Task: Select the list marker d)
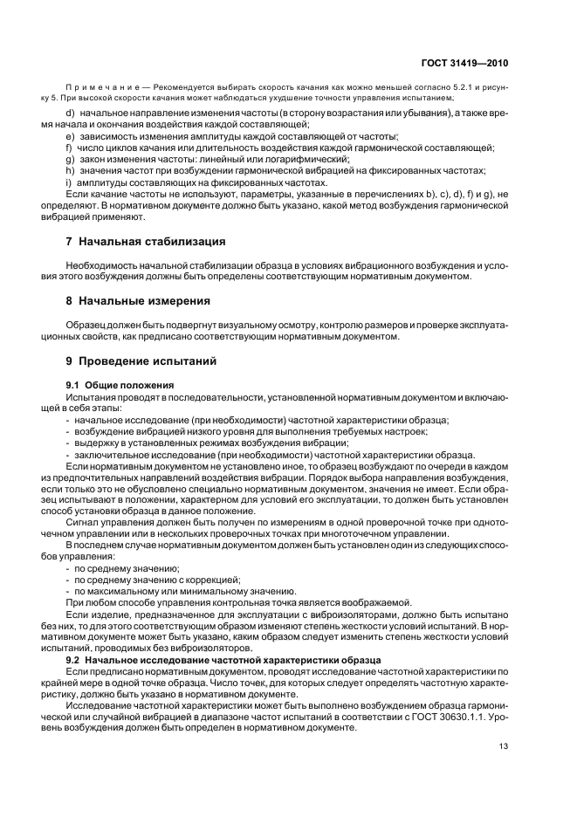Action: (x=70, y=114)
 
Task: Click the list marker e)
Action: (x=70, y=137)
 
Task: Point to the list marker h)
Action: (x=70, y=171)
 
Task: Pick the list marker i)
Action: (x=69, y=182)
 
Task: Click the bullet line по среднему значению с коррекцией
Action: (x=157, y=580)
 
